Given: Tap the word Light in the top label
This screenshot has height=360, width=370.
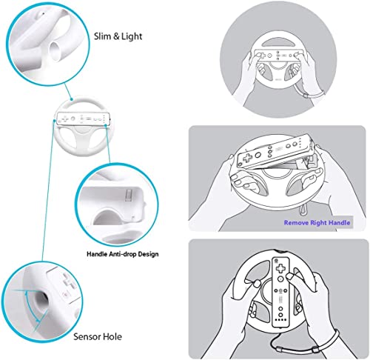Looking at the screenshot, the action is pos(132,36).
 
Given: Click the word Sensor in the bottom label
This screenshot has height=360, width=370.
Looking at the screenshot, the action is pos(87,336).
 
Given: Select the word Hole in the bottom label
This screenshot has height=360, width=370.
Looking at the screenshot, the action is pos(112,336).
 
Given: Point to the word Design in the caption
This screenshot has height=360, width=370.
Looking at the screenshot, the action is pos(148,254).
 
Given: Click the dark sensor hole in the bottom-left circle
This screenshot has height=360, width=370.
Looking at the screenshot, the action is pos(41,299).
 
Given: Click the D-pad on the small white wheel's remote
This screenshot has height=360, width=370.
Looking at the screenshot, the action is pos(65,119).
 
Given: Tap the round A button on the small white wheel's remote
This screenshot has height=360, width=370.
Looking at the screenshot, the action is pos(73,119).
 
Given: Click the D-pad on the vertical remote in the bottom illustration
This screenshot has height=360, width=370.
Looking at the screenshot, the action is pos(280,267).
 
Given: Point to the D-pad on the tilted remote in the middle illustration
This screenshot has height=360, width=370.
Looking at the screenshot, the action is pos(247,158).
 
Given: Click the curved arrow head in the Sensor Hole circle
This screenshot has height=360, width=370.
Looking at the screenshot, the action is pos(37,320).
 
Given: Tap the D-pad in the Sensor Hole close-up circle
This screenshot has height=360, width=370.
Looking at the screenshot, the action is pos(68,281).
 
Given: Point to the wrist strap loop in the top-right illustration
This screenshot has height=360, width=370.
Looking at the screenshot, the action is pos(312,93).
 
